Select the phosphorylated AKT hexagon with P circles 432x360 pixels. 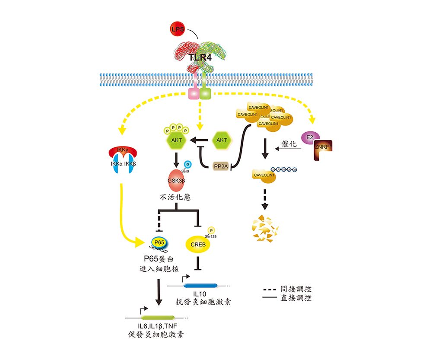click(176, 140)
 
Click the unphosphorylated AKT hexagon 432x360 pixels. click(221, 140)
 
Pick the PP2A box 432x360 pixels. click(221, 167)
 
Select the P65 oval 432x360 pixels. click(159, 243)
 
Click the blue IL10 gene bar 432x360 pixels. click(201, 285)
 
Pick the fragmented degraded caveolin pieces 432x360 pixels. click(264, 228)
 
